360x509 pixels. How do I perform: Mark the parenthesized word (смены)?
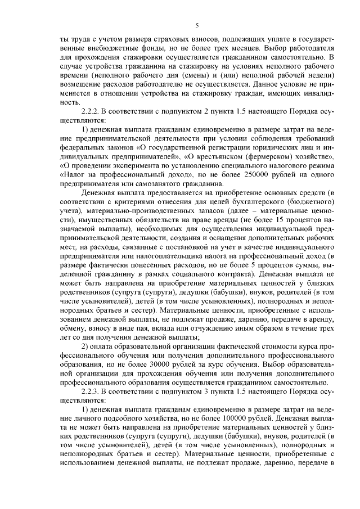[x=181, y=76]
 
